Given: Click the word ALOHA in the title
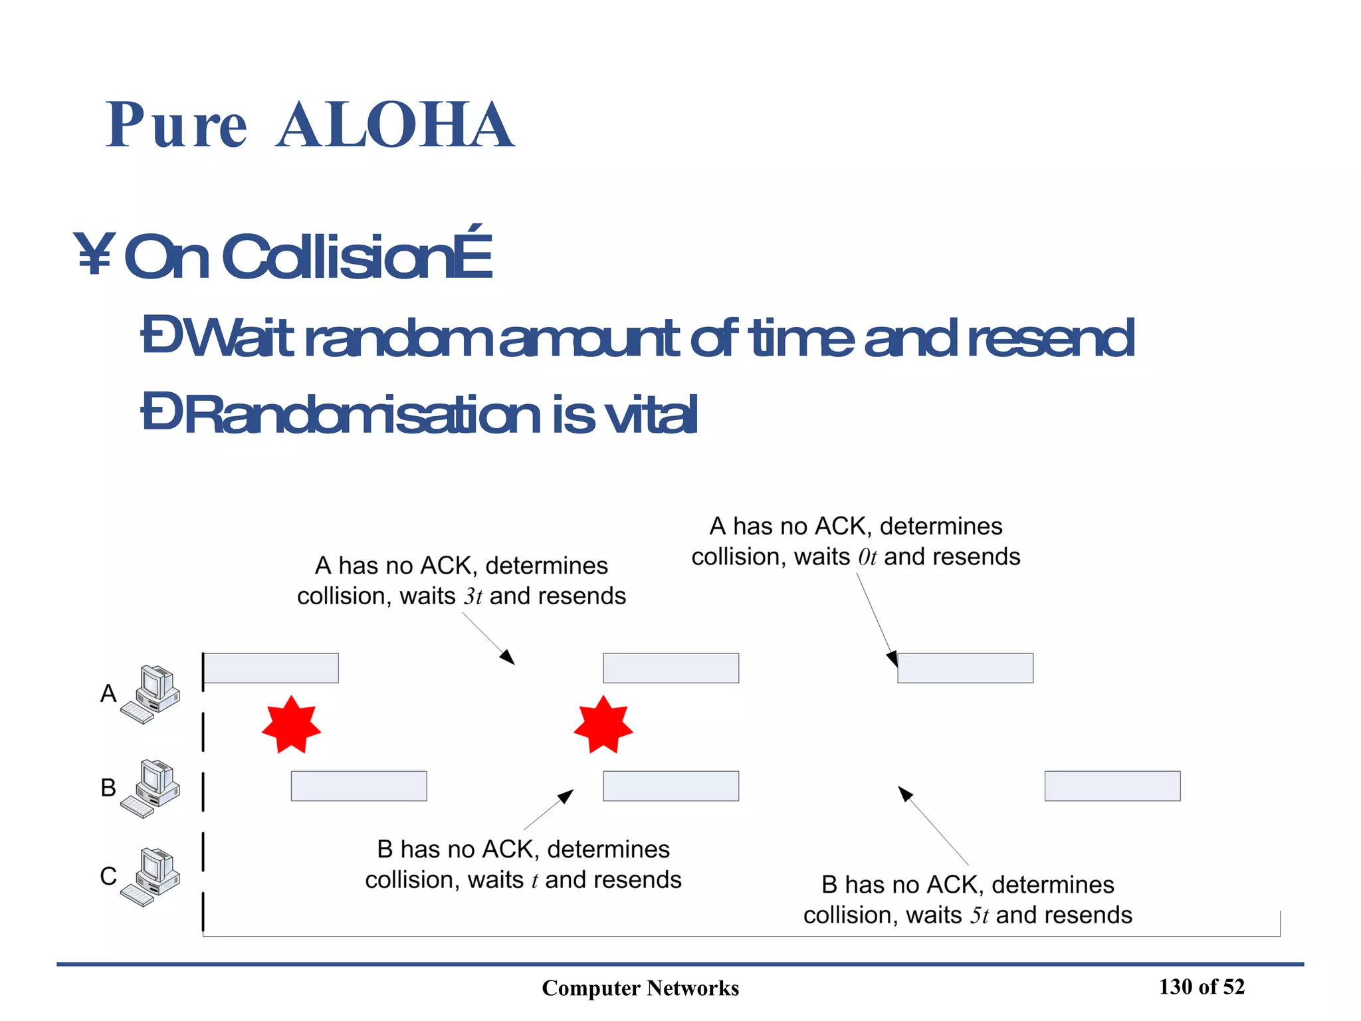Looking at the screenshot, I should click(x=395, y=125).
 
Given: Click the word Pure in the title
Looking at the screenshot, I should click(x=177, y=125).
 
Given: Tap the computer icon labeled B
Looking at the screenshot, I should click(x=152, y=788).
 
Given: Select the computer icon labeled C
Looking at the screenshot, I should click(x=152, y=877).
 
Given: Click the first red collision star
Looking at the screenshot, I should click(x=291, y=725).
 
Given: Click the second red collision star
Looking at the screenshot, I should click(x=603, y=725).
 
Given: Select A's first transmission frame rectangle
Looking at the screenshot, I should click(x=270, y=668).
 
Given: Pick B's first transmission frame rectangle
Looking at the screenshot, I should click(x=359, y=786).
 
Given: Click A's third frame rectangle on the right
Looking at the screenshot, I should click(x=965, y=668).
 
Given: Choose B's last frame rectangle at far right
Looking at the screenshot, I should click(x=1112, y=786).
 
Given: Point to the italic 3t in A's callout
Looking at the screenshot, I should click(x=472, y=596).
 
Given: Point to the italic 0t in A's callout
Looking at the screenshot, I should click(x=867, y=557).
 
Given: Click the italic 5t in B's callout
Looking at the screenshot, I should click(x=979, y=915).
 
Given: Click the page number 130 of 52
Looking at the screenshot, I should click(x=1202, y=987).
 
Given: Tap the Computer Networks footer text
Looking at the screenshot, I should click(x=640, y=988).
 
